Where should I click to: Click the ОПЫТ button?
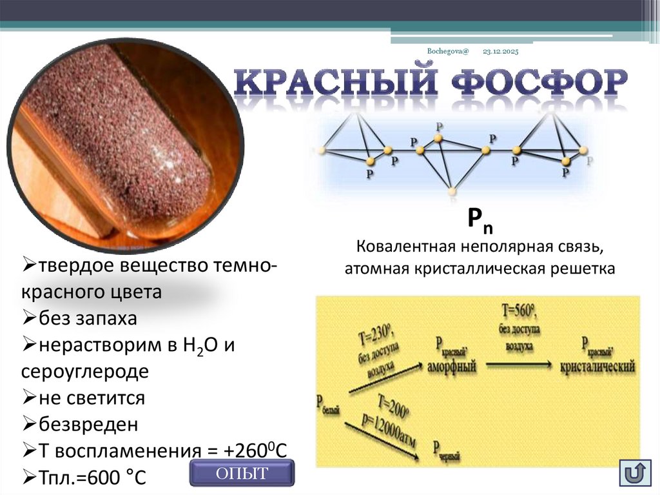242,473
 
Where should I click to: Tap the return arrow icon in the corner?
634,473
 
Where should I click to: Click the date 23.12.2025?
500,51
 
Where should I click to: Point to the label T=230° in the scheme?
374,336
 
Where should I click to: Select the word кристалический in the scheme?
597,365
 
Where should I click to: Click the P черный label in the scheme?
447,450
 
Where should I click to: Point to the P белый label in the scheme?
329,404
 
